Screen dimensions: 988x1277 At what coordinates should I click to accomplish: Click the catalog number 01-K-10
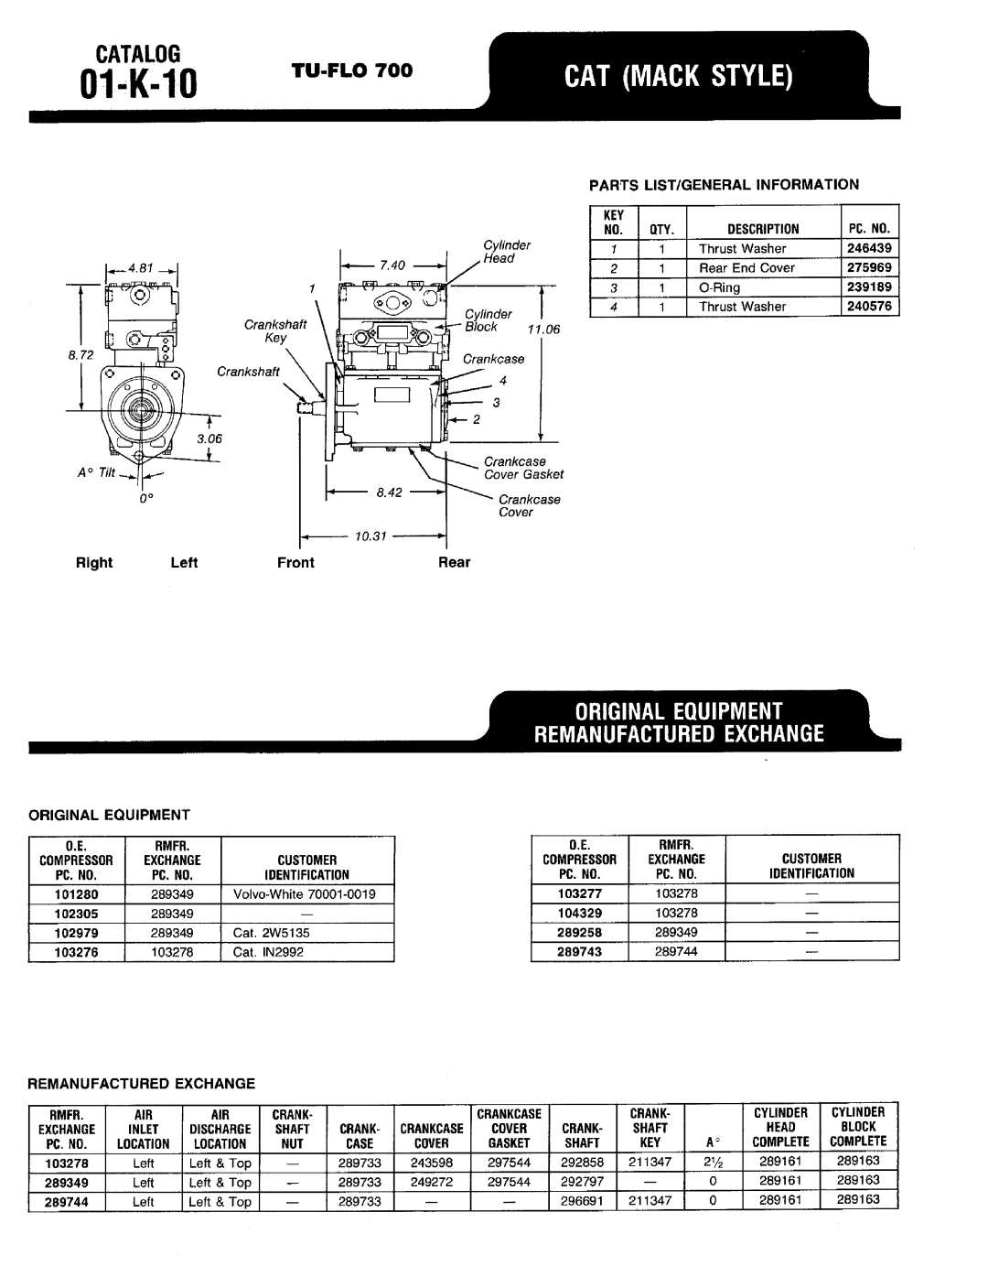pos(138,84)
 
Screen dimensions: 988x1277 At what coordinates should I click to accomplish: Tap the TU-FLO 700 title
pos(352,70)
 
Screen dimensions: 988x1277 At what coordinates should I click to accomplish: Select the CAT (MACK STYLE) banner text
pos(678,76)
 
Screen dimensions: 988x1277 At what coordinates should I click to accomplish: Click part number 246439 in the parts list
pos(869,248)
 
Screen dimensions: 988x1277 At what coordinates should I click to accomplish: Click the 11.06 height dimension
pos(543,330)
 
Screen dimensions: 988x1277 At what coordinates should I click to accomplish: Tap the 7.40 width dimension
pos(392,265)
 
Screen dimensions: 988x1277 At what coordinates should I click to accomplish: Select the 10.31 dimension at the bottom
pos(370,536)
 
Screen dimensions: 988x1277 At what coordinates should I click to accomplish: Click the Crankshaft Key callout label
pos(275,330)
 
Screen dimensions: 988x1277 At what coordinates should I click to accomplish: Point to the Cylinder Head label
pos(507,252)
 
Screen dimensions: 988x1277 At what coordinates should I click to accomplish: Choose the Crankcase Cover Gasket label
pos(523,468)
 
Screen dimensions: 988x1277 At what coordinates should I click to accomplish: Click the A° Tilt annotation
pos(96,472)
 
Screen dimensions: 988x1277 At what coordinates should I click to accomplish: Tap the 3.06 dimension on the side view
pos(209,438)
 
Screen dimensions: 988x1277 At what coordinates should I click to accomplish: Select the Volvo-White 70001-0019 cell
pos(304,893)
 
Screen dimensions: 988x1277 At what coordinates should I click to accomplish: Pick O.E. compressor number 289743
pos(579,951)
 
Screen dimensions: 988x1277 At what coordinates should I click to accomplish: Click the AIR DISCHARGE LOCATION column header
pos(220,1130)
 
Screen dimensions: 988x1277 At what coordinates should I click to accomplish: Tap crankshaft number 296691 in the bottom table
pos(582,1201)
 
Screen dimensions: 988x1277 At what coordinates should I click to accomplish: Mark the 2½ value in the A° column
pos(713,1162)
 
